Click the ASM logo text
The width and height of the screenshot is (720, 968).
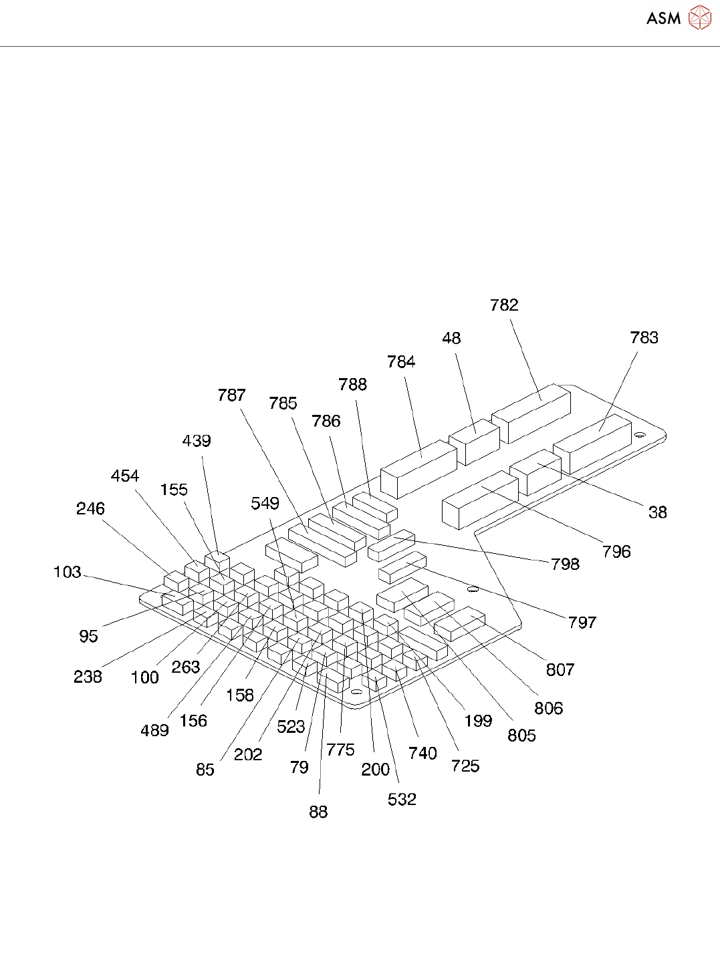click(x=663, y=18)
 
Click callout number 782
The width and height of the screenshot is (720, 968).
click(x=504, y=305)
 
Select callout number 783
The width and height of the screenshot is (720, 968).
click(x=644, y=338)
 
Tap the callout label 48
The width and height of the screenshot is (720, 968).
click(x=451, y=339)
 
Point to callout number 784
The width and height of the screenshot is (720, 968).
click(x=401, y=362)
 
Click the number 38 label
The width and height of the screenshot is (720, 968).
click(x=657, y=512)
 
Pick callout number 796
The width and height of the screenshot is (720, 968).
click(x=616, y=552)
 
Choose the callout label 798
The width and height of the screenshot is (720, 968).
click(x=565, y=564)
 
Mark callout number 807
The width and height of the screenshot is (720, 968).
click(x=560, y=670)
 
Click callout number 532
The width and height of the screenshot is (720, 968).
click(x=402, y=800)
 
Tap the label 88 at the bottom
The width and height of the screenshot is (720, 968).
click(x=318, y=812)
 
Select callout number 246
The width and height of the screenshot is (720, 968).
click(x=90, y=509)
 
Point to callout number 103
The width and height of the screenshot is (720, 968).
click(x=68, y=573)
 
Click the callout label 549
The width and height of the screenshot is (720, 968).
click(x=265, y=504)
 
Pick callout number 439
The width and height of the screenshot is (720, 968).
click(x=197, y=441)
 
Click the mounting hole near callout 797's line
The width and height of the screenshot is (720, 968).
click(x=473, y=589)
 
